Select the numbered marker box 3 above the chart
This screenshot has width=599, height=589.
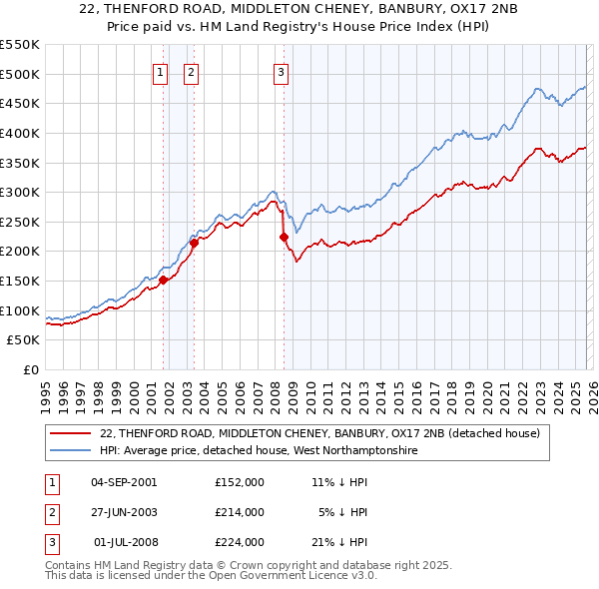[x=281, y=71]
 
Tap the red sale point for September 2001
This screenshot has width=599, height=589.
[x=163, y=280]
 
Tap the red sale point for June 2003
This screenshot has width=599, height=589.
[x=194, y=243]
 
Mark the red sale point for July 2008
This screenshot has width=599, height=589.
[x=283, y=237]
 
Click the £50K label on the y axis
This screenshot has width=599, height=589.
[x=24, y=340]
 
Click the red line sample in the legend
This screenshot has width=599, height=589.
[x=71, y=434]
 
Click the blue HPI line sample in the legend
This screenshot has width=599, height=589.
[x=71, y=450]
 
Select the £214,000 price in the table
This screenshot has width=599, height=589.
[x=240, y=512]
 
